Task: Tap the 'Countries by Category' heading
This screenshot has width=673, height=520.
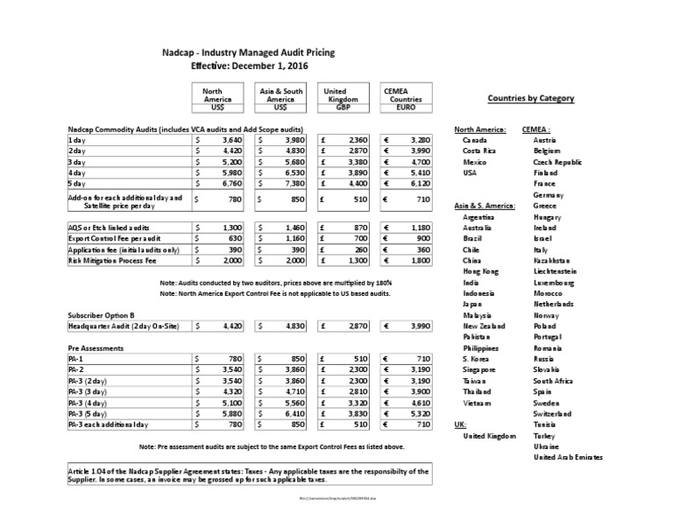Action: (x=530, y=98)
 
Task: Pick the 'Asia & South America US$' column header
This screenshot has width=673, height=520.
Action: (x=280, y=99)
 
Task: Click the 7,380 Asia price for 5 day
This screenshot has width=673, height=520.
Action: (x=287, y=184)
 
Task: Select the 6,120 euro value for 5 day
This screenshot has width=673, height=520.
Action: (x=409, y=184)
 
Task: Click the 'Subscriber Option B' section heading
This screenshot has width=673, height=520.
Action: (x=101, y=313)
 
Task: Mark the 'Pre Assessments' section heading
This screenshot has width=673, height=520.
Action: (x=95, y=347)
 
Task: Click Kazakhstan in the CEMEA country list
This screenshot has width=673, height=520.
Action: (x=551, y=260)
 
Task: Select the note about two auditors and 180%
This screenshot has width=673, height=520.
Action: (x=276, y=283)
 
